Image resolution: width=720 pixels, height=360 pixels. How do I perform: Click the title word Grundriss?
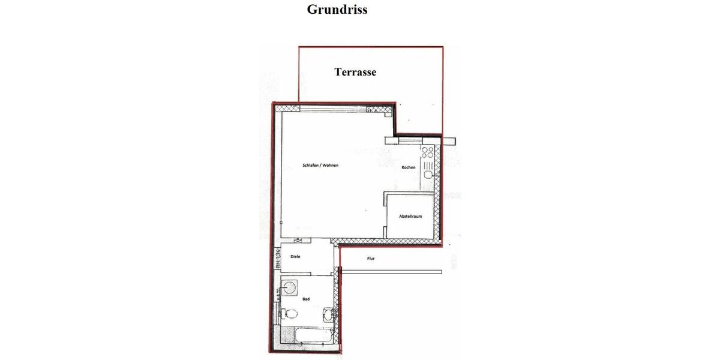(x=337, y=10)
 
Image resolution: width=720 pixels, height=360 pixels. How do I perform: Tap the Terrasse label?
(x=355, y=72)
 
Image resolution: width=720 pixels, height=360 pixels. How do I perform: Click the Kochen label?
(x=408, y=167)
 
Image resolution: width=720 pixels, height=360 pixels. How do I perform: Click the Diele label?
(x=295, y=257)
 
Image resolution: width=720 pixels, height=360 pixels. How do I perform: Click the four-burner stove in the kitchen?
(x=427, y=151)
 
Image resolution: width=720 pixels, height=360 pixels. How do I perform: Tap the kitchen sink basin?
(x=428, y=175)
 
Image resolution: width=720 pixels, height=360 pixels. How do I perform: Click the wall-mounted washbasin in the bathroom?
(x=328, y=313)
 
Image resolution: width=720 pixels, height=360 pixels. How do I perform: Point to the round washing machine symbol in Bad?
(x=290, y=287)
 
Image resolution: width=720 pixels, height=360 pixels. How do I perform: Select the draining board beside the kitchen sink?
(x=427, y=163)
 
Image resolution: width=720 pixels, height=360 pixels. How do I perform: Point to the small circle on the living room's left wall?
(x=281, y=222)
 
